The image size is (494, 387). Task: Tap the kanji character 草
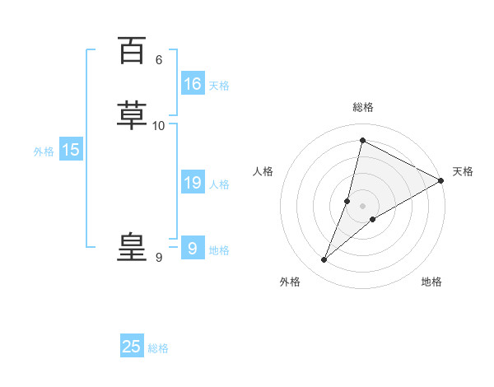132,115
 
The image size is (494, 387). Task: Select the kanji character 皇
132,247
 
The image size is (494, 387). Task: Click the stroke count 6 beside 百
159,60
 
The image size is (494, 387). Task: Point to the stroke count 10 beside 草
159,125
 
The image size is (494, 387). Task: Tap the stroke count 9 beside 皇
159,258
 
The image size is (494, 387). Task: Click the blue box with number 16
193,84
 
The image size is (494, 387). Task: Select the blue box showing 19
193,183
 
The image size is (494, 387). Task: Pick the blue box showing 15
71,150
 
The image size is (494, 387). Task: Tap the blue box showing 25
132,347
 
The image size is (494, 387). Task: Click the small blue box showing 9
192,248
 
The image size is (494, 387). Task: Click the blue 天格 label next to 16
219,86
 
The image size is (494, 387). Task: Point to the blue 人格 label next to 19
219,184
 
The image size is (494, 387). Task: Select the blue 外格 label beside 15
44,152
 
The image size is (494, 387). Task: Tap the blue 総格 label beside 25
158,348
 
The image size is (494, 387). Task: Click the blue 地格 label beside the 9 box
219,250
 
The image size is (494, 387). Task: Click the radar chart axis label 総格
363,107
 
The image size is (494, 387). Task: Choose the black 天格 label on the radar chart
463,171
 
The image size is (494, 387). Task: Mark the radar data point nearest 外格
324,260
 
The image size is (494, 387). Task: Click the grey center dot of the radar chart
362,205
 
